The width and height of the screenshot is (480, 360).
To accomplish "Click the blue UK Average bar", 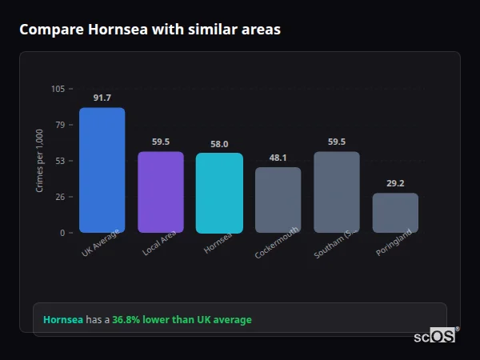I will tap(102, 170).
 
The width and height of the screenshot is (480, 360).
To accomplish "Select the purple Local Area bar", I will tap(160, 192).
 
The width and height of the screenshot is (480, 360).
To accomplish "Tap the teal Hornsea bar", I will tap(219, 193).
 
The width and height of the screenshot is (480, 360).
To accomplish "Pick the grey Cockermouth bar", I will tap(278, 200).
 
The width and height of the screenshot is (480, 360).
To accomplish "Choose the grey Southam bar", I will tap(337, 192).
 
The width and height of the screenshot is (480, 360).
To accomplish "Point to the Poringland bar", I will tap(395, 213).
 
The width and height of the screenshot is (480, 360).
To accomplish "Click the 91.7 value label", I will tap(102, 98).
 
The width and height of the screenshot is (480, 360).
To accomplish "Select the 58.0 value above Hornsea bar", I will tap(219, 144).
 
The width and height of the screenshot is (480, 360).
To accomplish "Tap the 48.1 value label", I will tap(278, 158).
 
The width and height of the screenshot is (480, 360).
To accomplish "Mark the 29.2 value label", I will tap(395, 183).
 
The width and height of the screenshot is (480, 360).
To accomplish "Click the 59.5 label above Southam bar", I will tap(337, 142).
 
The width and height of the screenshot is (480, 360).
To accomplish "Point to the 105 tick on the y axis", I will tap(58, 89).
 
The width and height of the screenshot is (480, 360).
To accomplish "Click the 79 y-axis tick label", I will tap(60, 125).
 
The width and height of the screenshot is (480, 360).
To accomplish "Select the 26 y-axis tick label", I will tap(60, 197).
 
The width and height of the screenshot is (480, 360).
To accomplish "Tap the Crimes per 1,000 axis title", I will tap(40, 160).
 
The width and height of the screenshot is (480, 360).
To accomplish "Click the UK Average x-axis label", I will tap(101, 243).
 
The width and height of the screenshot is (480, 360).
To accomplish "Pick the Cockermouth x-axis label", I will tap(277, 243).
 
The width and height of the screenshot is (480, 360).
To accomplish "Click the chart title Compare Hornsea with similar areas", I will tap(150, 30).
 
